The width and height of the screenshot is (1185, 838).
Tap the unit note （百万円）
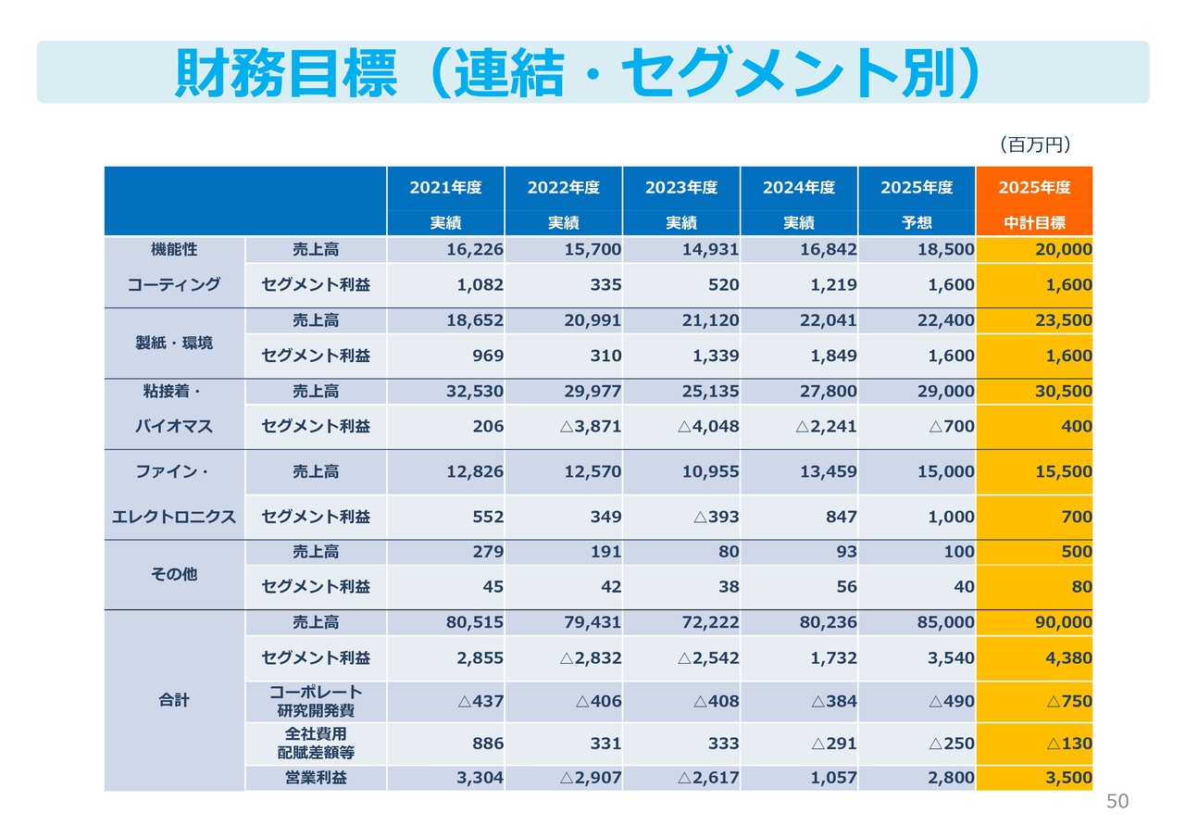point(1034,144)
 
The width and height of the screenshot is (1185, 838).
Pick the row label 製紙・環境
point(174,343)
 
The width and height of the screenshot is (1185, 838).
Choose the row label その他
point(174,574)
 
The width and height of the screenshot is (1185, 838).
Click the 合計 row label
point(174,700)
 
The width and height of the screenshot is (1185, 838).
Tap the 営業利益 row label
point(316,778)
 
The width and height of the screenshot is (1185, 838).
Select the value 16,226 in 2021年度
point(474,250)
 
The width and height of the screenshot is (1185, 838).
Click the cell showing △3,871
point(591,427)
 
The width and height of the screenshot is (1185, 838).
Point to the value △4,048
point(708,427)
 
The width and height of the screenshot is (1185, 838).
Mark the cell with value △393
point(716,517)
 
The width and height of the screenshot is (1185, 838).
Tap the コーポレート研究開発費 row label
point(316,701)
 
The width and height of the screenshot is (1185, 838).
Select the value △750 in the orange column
point(1069,701)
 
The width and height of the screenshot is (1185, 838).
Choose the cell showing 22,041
point(827,320)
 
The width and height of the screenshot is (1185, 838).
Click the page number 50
point(1117,802)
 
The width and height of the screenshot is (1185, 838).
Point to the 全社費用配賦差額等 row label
point(316,743)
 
